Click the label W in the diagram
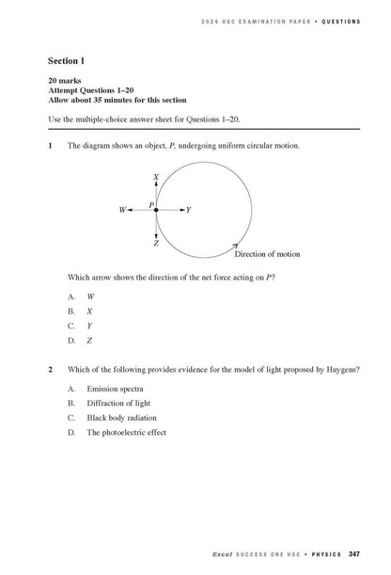[123, 210]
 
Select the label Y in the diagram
[189, 210]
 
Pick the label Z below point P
[156, 242]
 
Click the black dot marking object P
[156, 210]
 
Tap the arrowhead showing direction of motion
[235, 246]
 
